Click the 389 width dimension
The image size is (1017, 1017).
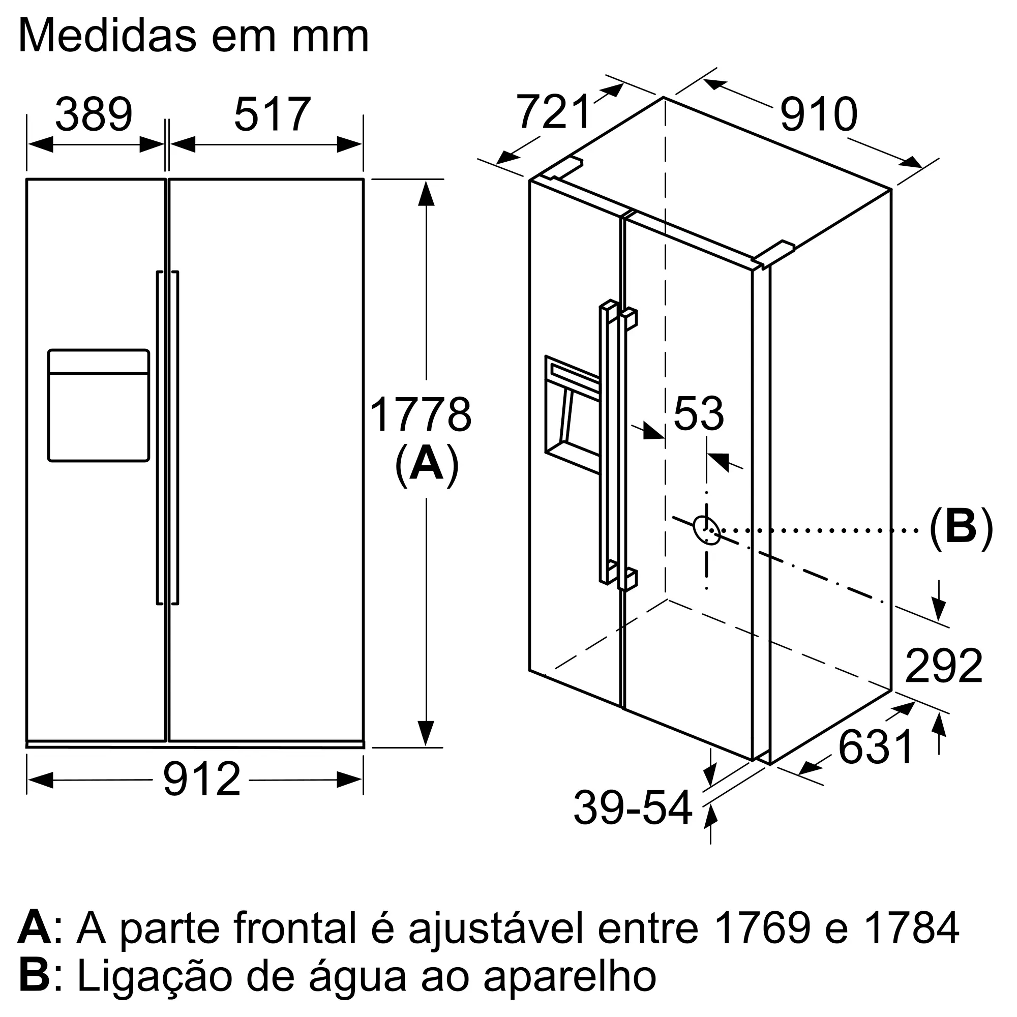94,114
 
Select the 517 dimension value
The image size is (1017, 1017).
272,114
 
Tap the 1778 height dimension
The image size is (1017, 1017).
421,415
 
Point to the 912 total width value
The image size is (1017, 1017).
201,780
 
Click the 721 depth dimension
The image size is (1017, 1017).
554,111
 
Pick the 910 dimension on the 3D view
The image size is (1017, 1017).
819,114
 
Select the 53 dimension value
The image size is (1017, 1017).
699,414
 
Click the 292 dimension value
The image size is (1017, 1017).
943,666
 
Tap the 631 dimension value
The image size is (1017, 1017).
876,747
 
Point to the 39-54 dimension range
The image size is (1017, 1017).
632,807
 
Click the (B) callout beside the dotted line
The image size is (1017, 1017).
961,528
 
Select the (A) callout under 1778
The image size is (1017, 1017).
427,464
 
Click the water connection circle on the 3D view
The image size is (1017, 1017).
707,529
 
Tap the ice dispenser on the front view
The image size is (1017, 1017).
99,405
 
